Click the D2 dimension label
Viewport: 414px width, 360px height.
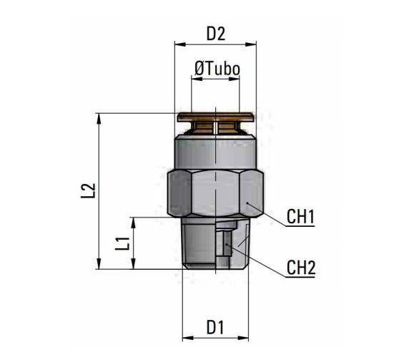215,33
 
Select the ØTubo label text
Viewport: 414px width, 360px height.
216,69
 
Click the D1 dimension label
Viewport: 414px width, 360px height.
215,327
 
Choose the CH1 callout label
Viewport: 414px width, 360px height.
301,216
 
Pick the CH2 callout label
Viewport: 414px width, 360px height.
301,268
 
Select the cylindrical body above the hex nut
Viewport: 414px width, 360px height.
215,152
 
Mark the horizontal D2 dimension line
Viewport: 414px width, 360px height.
215,44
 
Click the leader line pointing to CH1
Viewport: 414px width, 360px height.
268,217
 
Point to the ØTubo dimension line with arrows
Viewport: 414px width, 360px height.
215,80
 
